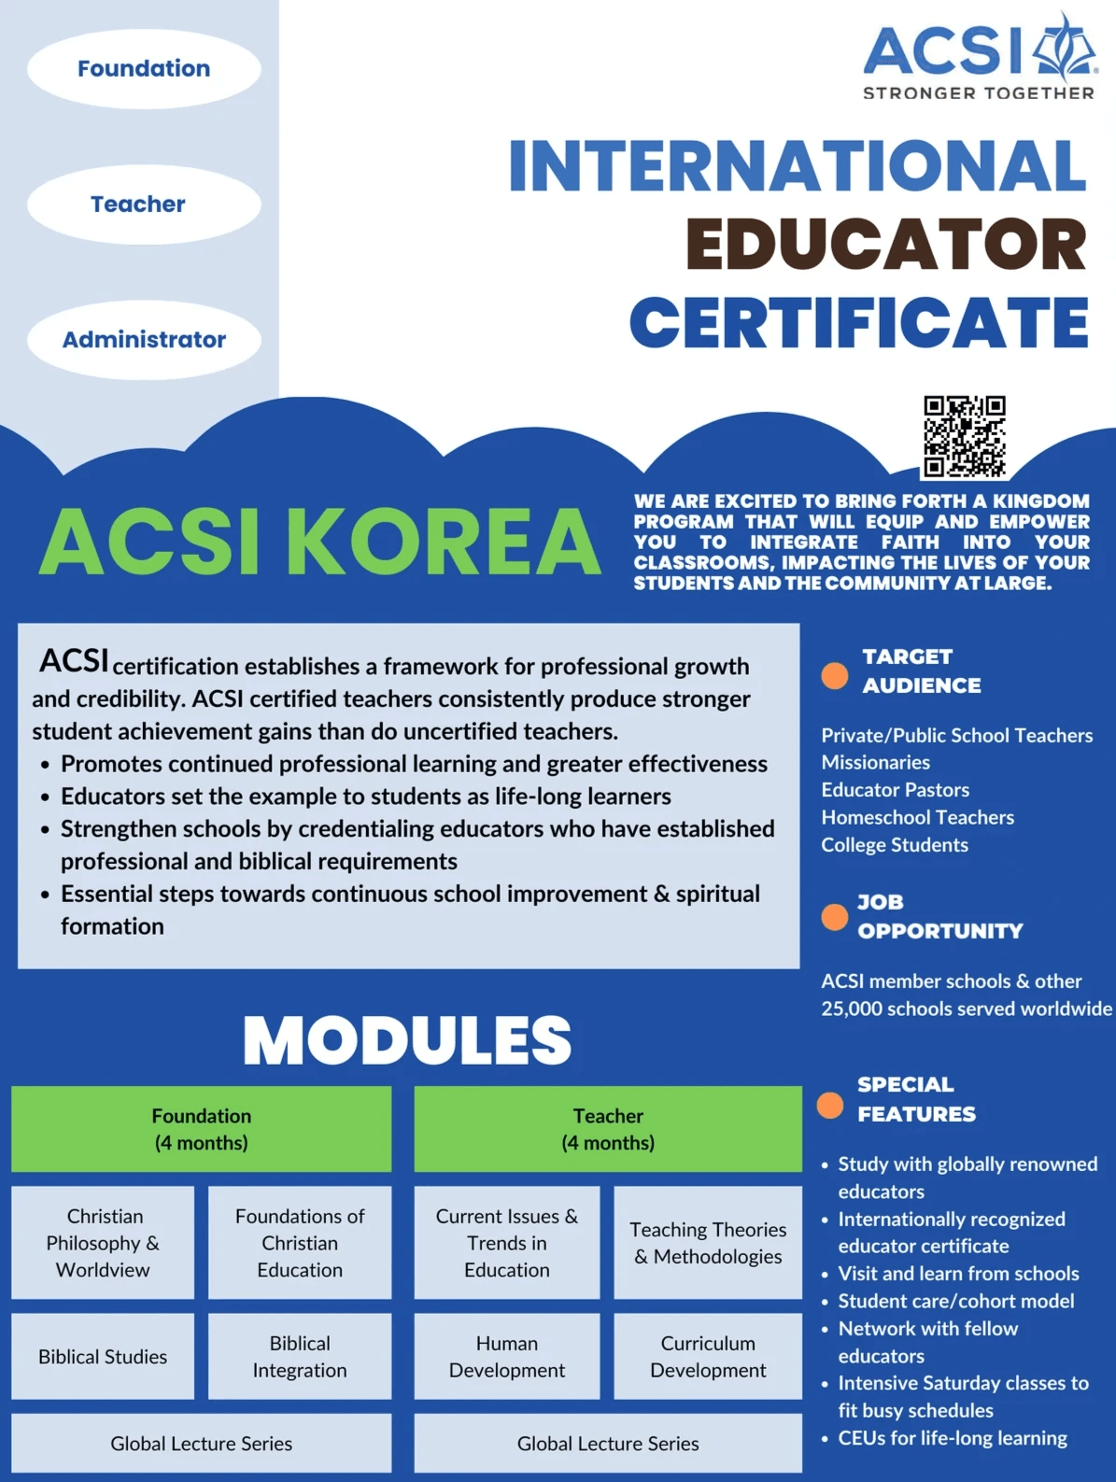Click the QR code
tap(964, 436)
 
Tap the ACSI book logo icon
tap(1065, 47)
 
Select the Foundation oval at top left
tap(144, 69)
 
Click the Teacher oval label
tap(138, 205)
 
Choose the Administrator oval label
tap(144, 340)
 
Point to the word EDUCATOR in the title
tap(886, 245)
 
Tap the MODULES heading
tap(407, 1039)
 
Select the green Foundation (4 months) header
tap(201, 1129)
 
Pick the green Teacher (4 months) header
tap(608, 1129)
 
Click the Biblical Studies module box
tap(103, 1357)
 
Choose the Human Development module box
tap(506, 1357)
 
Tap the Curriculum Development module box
tap(708, 1357)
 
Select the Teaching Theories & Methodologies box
tap(708, 1243)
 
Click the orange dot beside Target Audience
tap(834, 675)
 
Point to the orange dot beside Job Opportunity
tap(834, 918)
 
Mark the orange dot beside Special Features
tap(829, 1106)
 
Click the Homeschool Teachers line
tap(917, 818)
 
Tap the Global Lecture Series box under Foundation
tap(201, 1444)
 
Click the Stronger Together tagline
tap(978, 93)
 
